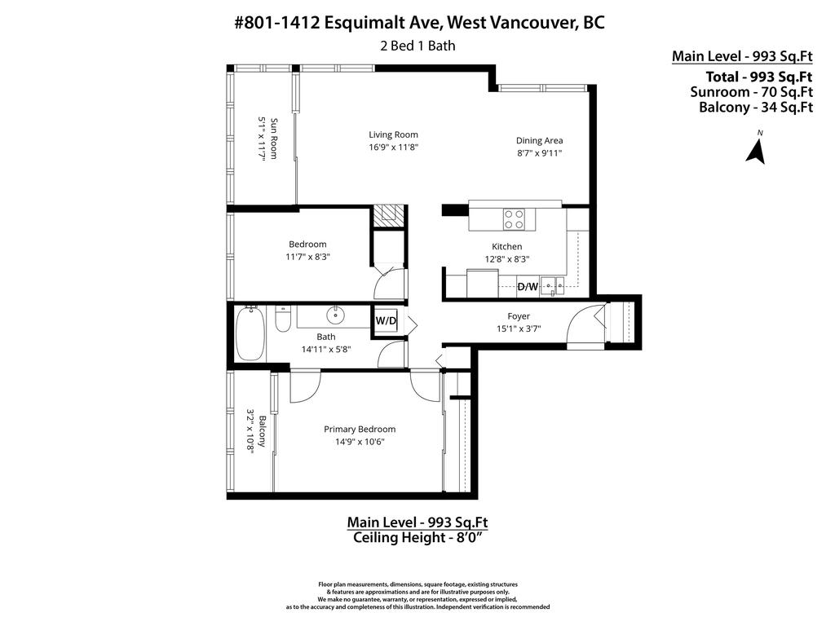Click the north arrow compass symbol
point(756,151)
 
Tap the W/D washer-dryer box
point(386,320)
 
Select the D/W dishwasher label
point(528,287)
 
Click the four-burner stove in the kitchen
point(514,218)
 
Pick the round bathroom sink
point(337,315)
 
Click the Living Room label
point(393,134)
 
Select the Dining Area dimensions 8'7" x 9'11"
point(539,152)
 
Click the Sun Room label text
point(274,139)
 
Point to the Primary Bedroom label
point(359,430)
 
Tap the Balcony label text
point(262,432)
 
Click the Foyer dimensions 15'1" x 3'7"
point(519,328)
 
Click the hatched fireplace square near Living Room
point(389,214)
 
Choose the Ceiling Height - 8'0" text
point(417,537)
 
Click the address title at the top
point(419,23)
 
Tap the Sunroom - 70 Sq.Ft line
point(751,92)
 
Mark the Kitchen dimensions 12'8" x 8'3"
point(506,258)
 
